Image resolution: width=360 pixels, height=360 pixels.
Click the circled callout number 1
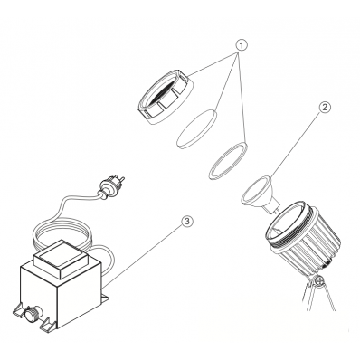tap(241, 45)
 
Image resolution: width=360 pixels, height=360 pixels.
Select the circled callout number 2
tap(324, 108)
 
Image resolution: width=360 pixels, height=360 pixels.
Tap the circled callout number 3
tap(187, 222)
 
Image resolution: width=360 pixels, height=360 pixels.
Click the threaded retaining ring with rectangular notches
tap(166, 97)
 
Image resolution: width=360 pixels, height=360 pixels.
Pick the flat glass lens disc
tap(197, 129)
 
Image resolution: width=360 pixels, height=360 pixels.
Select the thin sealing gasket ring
tap(228, 161)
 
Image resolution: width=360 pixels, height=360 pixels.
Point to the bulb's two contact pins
tap(277, 208)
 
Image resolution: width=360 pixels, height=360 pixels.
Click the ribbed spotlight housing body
tap(303, 238)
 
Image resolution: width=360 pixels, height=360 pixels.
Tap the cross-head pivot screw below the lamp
tap(319, 281)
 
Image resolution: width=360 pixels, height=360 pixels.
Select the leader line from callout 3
tap(144, 255)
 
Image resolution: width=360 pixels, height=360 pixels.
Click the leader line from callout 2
tap(296, 145)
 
